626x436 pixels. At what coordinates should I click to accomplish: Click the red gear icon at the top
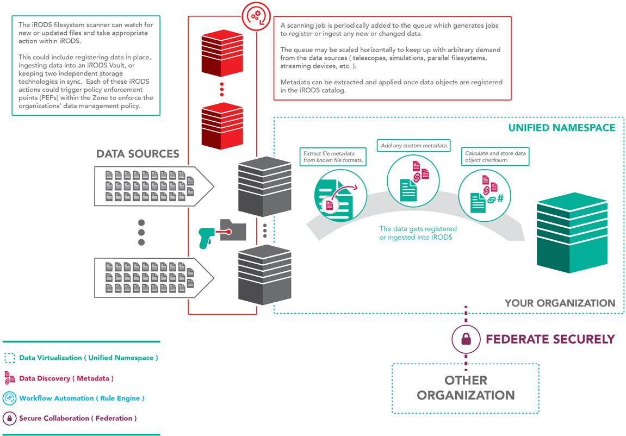click(x=257, y=16)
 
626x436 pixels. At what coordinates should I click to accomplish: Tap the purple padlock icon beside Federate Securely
click(x=466, y=339)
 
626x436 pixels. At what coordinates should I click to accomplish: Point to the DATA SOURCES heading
click(x=138, y=154)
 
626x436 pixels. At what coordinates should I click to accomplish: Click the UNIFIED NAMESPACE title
click(x=562, y=128)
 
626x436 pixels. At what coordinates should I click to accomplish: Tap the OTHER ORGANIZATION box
click(x=466, y=388)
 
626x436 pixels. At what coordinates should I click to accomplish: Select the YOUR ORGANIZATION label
click(x=560, y=303)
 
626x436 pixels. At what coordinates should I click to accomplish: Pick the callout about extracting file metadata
click(x=333, y=157)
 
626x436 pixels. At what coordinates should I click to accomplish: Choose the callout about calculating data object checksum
click(x=495, y=157)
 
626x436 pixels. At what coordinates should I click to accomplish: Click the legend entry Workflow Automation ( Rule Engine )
click(x=82, y=398)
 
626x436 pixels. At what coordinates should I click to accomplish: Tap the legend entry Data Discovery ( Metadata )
click(x=66, y=378)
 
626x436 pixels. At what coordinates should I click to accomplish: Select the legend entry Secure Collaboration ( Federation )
click(x=78, y=419)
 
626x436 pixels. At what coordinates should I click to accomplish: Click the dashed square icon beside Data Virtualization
click(x=10, y=358)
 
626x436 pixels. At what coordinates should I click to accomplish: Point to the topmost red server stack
click(x=222, y=53)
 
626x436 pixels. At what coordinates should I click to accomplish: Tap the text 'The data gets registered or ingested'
click(x=418, y=233)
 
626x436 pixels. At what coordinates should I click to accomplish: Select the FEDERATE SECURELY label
click(x=550, y=339)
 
